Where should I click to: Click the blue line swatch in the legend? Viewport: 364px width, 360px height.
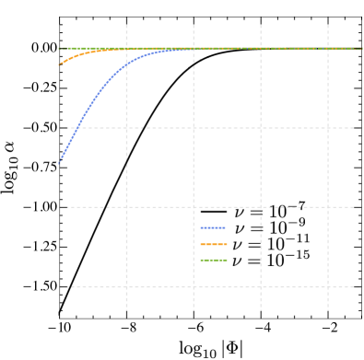coord(213,227)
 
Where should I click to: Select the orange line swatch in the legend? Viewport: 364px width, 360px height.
coord(213,244)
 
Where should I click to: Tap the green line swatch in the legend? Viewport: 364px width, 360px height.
coord(213,261)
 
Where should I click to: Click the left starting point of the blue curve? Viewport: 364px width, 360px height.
coord(60,162)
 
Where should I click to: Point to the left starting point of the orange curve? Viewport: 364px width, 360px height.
coord(60,64)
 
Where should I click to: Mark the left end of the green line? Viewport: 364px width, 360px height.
coord(60,48)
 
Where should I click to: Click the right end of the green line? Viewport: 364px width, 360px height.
coord(360,49)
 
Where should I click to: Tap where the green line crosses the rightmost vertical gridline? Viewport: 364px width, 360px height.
coord(327,49)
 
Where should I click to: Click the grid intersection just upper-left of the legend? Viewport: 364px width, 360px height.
coord(194,207)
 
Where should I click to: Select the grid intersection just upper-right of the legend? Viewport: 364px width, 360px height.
coord(261,207)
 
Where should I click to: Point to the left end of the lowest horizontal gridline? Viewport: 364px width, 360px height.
coord(60,286)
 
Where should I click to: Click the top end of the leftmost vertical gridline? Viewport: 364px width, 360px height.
coord(126,19)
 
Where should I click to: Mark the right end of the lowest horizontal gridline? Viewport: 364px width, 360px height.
coord(360,286)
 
